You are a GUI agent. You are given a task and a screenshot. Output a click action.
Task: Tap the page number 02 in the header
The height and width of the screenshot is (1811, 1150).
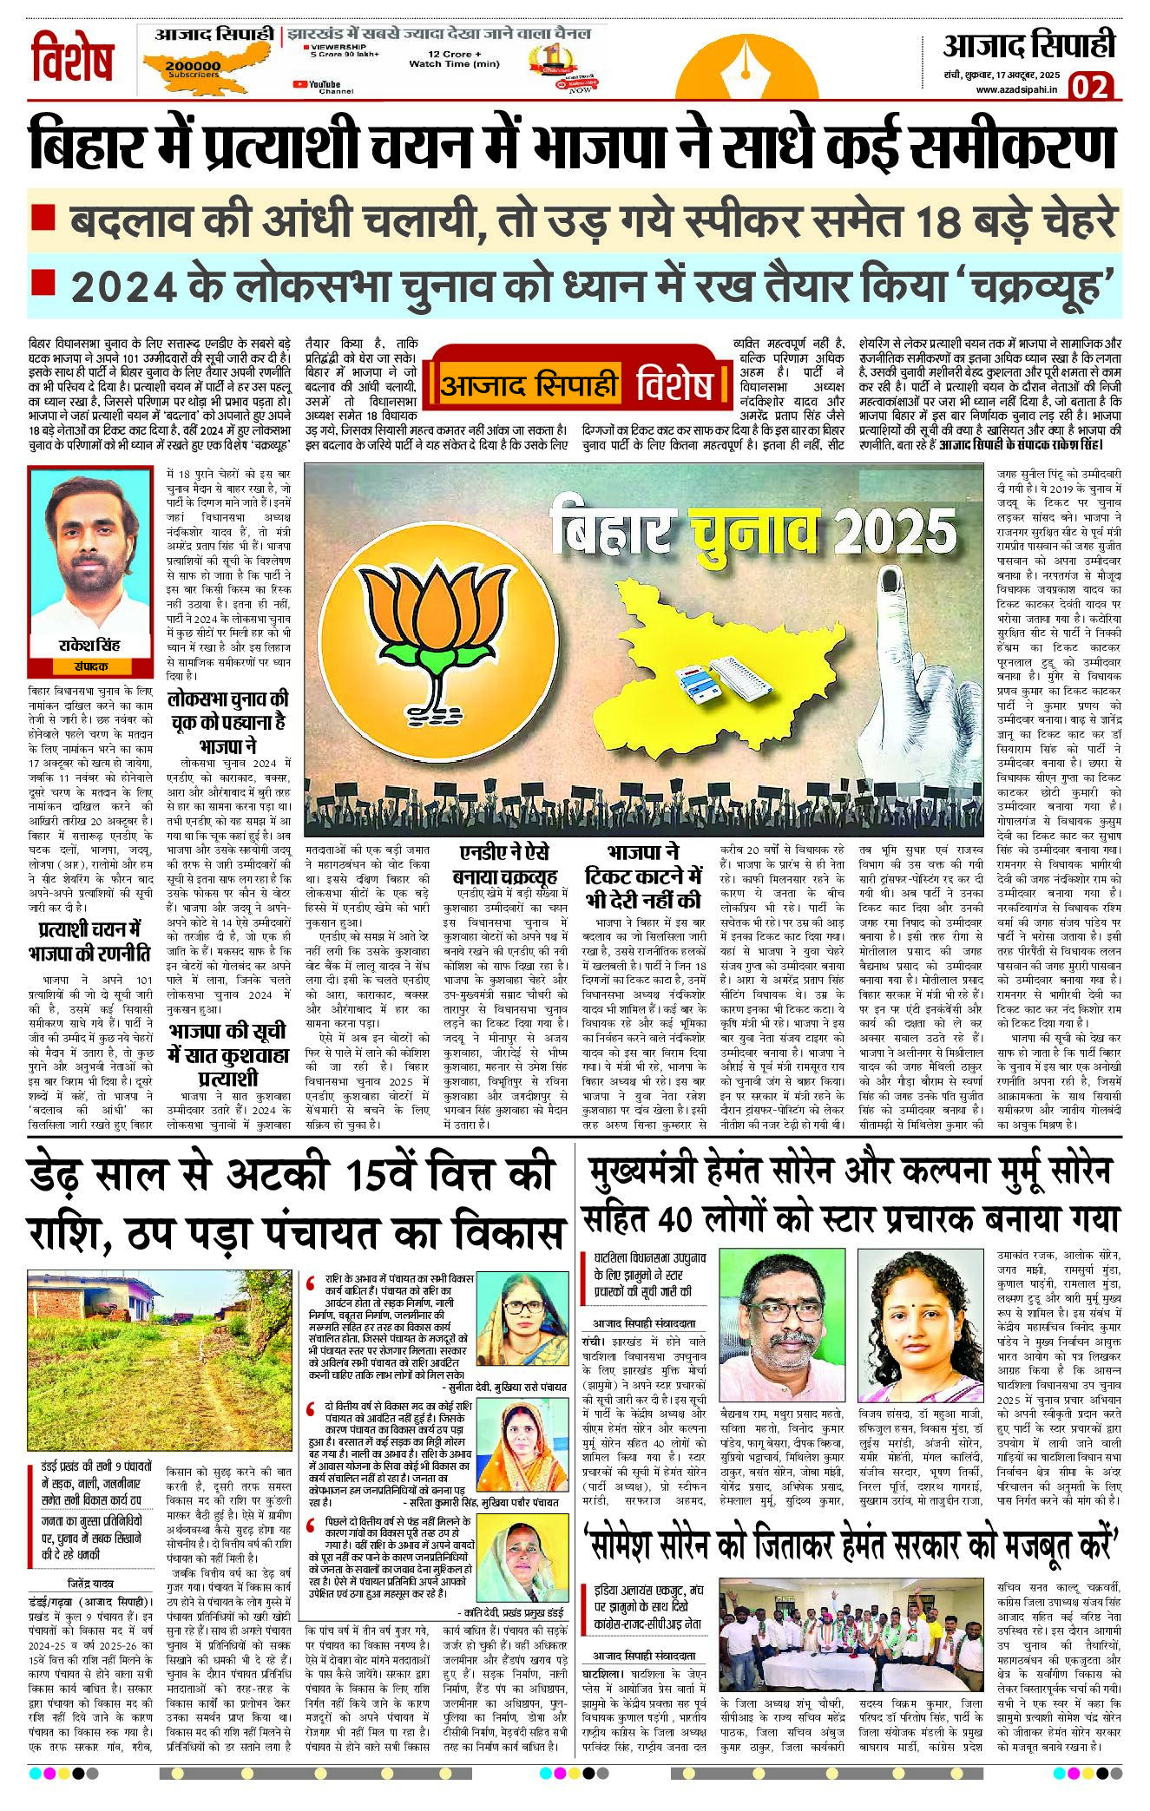tap(1089, 88)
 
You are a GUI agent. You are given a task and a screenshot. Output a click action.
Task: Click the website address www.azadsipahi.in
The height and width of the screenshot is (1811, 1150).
tap(1016, 89)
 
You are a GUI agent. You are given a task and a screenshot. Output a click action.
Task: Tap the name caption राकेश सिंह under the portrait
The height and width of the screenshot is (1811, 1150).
tap(89, 646)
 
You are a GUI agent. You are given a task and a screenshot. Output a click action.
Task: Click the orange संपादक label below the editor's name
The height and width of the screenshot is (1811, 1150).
tap(90, 666)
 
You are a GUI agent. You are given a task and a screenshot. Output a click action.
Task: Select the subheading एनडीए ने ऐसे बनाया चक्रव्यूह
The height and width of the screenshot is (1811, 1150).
tap(504, 865)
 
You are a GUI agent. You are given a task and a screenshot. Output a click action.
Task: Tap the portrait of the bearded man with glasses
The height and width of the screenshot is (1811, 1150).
tap(784, 1323)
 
